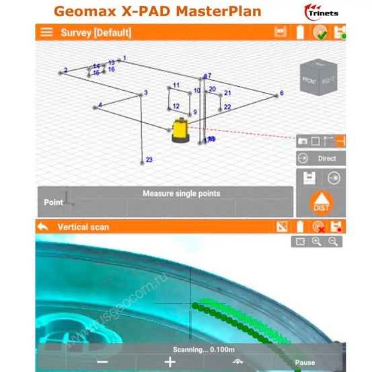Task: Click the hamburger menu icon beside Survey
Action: pyautogui.click(x=46, y=32)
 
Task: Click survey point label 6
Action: pyautogui.click(x=281, y=94)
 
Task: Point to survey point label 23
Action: pyautogui.click(x=149, y=160)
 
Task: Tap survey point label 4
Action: pyautogui.click(x=100, y=106)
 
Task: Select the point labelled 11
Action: pyautogui.click(x=176, y=85)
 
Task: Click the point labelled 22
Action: pyautogui.click(x=227, y=107)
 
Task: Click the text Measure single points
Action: pyautogui.click(x=181, y=194)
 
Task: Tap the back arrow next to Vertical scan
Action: pyautogui.click(x=44, y=227)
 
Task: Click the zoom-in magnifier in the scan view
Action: pyautogui.click(x=315, y=241)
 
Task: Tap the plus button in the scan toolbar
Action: pyautogui.click(x=170, y=362)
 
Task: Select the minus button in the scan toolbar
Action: pyautogui.click(x=102, y=362)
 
